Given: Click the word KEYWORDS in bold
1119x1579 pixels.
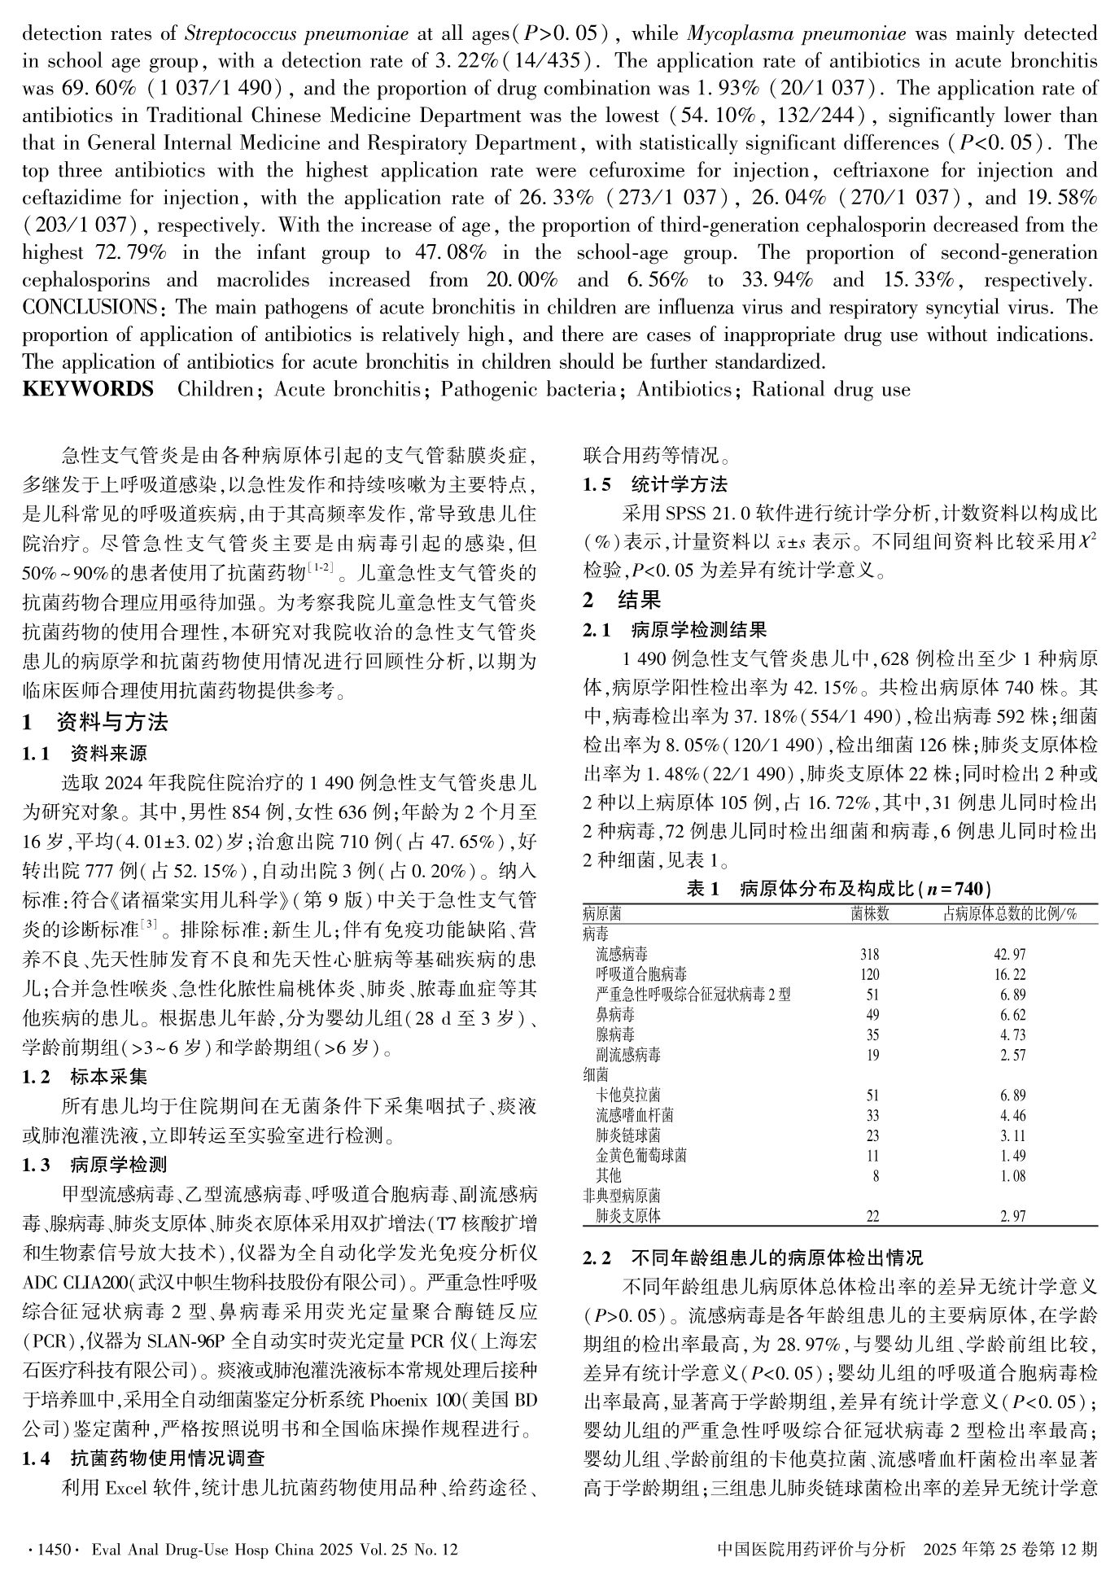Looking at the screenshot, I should pos(87,389).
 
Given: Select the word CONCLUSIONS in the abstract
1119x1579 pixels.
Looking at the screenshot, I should pos(89,308).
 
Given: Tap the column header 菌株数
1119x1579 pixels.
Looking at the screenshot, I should pos(870,914).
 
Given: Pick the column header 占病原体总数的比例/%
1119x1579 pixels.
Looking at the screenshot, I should pos(1010,914).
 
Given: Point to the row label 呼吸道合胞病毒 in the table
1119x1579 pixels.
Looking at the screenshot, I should pos(640,974).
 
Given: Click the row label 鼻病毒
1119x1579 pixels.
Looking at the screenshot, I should pos(615,1015).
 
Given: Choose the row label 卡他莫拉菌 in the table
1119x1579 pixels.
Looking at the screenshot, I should pos(628,1095).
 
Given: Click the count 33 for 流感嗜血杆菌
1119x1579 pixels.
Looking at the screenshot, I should pos(870,1115).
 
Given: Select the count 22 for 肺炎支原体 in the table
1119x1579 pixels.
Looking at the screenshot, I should pos(872,1217).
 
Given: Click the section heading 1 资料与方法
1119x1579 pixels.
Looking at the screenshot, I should pos(95,722).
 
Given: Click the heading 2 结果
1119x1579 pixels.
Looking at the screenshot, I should pos(622,601).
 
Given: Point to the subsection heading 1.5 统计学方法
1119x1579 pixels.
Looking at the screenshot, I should pos(655,485).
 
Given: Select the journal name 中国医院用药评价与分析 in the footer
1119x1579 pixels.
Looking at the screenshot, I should pos(811,1549).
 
